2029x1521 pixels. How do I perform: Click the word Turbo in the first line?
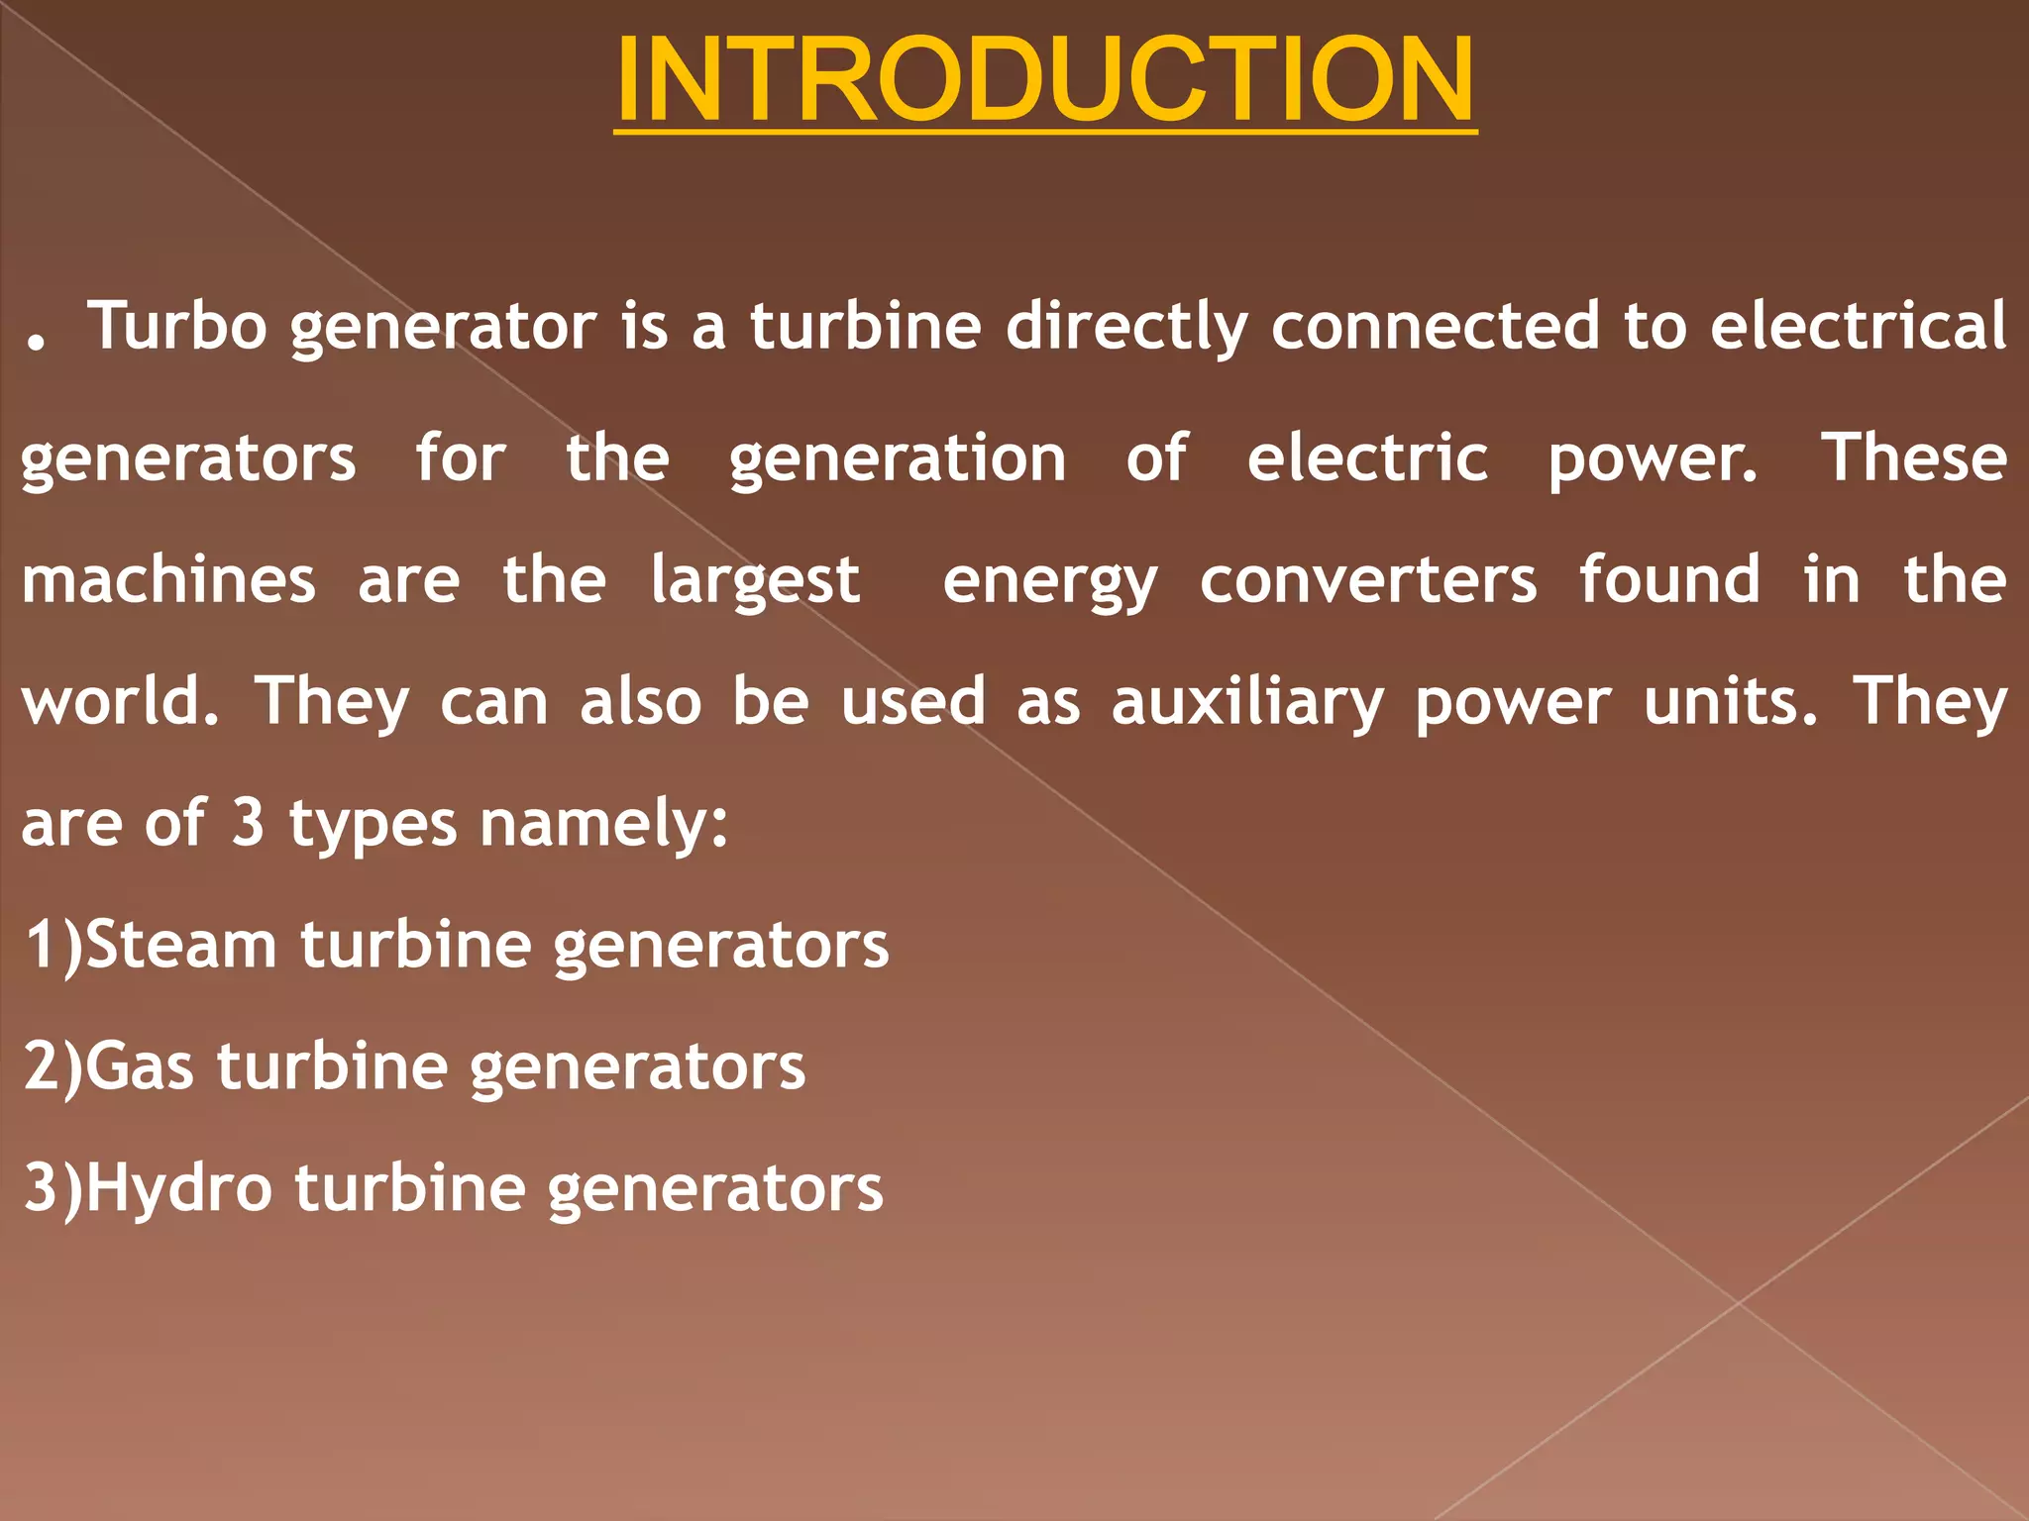[x=176, y=326]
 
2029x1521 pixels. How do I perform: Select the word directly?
[x=1126, y=326]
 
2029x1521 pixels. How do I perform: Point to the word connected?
[x=1435, y=326]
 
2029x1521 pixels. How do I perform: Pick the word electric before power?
[x=1366, y=458]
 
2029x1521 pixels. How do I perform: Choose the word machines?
[x=168, y=580]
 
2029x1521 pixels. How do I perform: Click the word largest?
[x=755, y=582]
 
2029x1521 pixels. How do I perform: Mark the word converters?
[x=1368, y=580]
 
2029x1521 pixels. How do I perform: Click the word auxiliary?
[x=1246, y=704]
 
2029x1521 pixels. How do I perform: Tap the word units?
[x=1730, y=702]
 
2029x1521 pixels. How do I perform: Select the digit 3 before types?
[x=248, y=823]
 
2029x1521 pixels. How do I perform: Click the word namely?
[x=603, y=825]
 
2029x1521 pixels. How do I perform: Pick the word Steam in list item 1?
[x=180, y=945]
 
